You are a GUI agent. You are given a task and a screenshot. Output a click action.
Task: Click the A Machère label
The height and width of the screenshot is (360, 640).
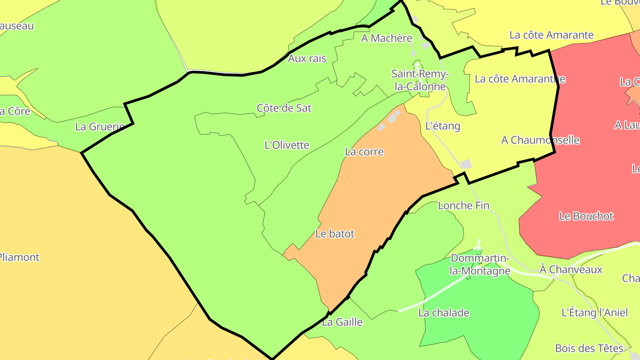[x=387, y=38]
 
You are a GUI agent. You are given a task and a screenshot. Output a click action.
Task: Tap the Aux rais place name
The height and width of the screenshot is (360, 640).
[x=307, y=58]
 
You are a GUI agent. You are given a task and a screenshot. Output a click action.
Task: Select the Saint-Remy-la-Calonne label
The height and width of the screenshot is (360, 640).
[x=420, y=80]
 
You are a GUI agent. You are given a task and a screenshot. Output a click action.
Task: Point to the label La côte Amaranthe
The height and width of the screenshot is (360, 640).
[x=520, y=79]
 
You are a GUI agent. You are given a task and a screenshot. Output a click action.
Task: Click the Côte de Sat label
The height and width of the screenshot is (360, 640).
[x=284, y=108]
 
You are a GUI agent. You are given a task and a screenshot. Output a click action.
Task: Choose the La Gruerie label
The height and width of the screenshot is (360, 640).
[x=100, y=127]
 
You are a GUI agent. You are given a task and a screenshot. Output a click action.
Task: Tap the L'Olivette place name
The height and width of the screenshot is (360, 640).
[x=287, y=145]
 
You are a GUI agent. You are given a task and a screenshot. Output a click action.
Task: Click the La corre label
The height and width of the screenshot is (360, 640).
[x=364, y=152]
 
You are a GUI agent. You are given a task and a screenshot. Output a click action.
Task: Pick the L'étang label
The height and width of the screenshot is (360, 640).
[x=443, y=126]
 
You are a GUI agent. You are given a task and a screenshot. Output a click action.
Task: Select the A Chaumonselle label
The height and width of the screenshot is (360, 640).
[x=540, y=140]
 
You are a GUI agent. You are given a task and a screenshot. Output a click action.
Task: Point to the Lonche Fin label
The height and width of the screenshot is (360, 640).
[x=464, y=205]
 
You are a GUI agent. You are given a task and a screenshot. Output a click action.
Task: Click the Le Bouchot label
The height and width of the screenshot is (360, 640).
[x=586, y=216]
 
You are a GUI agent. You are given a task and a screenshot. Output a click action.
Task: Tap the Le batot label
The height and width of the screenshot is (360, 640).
[x=335, y=234]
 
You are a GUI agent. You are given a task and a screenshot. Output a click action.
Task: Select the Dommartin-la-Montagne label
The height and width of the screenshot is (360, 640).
[x=480, y=264]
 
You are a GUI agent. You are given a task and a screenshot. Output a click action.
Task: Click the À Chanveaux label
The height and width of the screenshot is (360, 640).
[x=571, y=269]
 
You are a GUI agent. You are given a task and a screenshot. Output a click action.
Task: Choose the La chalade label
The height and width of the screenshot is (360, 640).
[x=444, y=313]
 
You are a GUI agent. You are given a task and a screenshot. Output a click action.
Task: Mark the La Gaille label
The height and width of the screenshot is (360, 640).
[x=342, y=322]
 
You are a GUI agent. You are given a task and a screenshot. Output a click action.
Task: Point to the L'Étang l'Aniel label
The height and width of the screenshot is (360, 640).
[x=595, y=312]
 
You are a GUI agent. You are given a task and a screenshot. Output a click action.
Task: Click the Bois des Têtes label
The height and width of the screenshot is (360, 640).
[x=589, y=348]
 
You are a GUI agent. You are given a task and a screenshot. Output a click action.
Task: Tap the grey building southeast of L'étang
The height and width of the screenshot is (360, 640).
[x=466, y=164]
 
